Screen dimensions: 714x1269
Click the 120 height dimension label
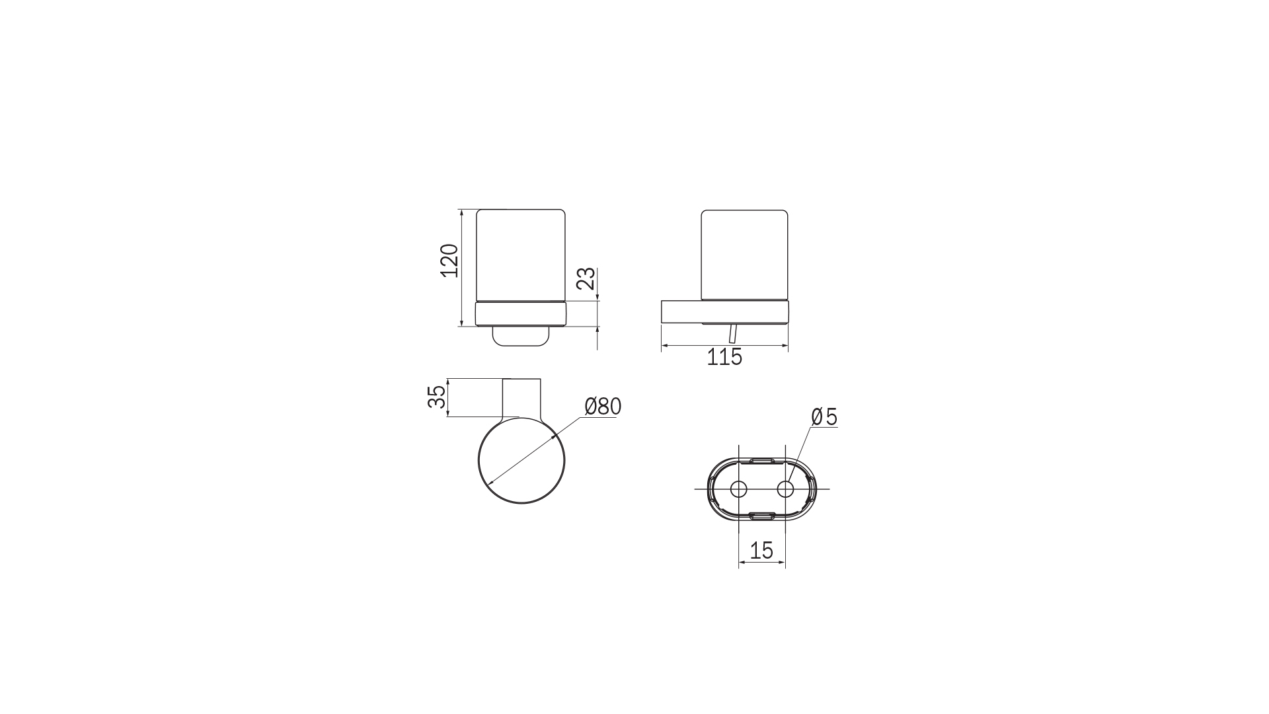[x=449, y=260]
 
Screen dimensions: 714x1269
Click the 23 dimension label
[x=586, y=279]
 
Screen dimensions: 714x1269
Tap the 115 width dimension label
[x=724, y=358]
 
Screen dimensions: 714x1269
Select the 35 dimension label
[x=437, y=397]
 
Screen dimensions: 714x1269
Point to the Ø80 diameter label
[x=603, y=407]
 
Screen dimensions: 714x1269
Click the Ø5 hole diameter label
[x=824, y=417]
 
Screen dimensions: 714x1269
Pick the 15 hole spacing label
[x=761, y=550]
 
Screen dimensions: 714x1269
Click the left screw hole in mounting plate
[x=738, y=489]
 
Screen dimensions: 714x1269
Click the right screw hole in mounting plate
[x=785, y=489]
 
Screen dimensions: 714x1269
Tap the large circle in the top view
[x=521, y=460]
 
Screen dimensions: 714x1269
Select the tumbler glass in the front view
[x=521, y=255]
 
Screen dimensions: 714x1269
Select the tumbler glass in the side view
[x=745, y=255]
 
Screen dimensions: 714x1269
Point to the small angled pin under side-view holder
[x=732, y=334]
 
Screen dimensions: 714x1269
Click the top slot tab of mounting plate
[x=762, y=460]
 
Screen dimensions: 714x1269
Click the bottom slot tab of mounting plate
[x=762, y=516]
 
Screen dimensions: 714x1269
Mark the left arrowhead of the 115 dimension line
[x=664, y=345]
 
